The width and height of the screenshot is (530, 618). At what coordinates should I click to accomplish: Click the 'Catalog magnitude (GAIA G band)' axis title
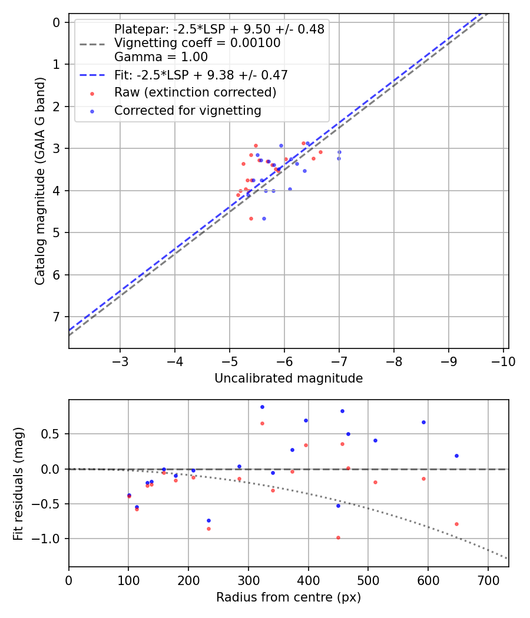coord(40,181)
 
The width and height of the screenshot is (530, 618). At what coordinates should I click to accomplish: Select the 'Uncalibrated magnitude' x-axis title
coord(289,378)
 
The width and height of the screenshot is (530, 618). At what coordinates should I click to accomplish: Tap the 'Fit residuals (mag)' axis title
coord(18,484)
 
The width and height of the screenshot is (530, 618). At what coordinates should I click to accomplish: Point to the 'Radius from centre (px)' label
coord(289,597)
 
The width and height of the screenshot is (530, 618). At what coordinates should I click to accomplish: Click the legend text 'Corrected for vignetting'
coord(188,111)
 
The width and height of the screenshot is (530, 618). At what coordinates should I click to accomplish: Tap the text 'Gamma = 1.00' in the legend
coord(161,57)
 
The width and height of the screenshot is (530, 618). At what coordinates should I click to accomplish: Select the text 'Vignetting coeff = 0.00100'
coord(197,43)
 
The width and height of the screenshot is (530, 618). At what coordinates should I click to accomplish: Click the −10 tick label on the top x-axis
coord(503,362)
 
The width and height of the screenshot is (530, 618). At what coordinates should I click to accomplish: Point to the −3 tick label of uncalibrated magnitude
coord(120,362)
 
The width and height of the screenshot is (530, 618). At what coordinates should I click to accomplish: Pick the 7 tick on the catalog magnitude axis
coord(57,317)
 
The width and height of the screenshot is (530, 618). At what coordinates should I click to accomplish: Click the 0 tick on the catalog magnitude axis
coord(57,22)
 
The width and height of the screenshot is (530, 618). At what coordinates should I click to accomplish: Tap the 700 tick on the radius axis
coord(488,581)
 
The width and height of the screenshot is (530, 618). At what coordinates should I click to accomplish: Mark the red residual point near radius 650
coord(456,524)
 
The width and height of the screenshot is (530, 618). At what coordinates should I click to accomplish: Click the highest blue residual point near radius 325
coord(262,407)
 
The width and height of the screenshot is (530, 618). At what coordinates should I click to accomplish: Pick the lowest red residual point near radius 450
coord(339,538)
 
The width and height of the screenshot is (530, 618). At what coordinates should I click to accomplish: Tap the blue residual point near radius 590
coord(424,423)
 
